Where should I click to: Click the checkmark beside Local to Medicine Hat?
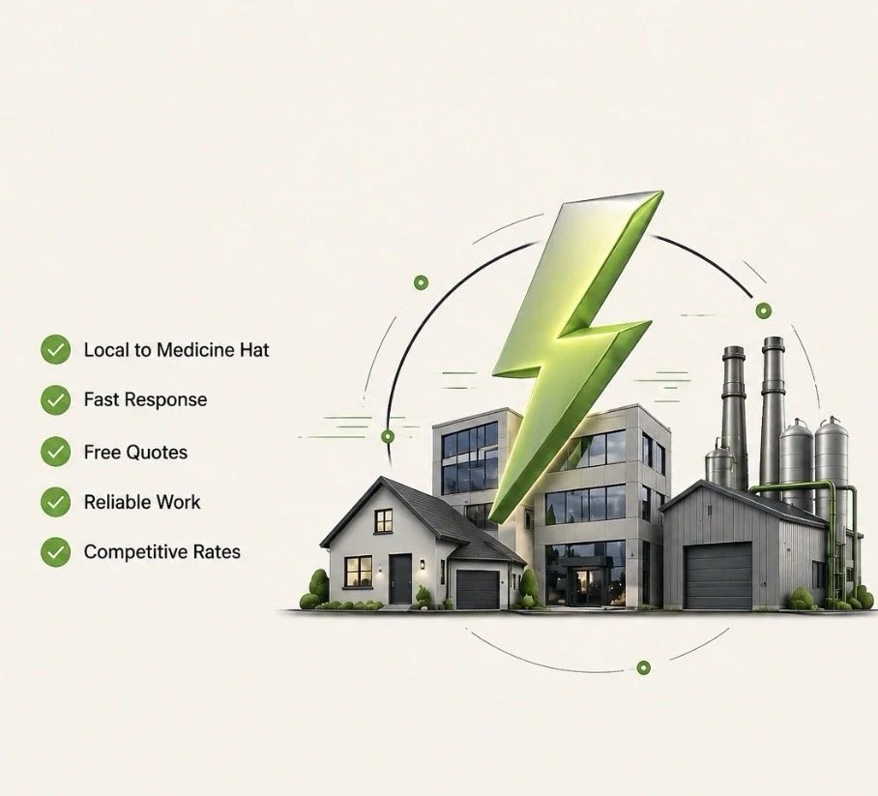(x=56, y=349)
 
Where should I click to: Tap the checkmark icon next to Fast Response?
(x=56, y=399)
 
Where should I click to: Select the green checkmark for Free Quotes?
(x=56, y=452)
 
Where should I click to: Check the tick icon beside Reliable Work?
(x=56, y=502)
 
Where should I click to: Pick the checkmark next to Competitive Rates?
(x=56, y=552)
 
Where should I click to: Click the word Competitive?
(x=135, y=552)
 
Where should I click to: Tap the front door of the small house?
(x=400, y=577)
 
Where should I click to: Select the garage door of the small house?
(x=477, y=589)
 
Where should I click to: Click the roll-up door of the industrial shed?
(x=717, y=575)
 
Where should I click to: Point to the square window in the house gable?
(x=384, y=520)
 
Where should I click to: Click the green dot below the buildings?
(x=643, y=667)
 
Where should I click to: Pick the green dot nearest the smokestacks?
(x=763, y=310)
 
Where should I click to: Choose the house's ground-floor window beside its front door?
(x=358, y=571)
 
